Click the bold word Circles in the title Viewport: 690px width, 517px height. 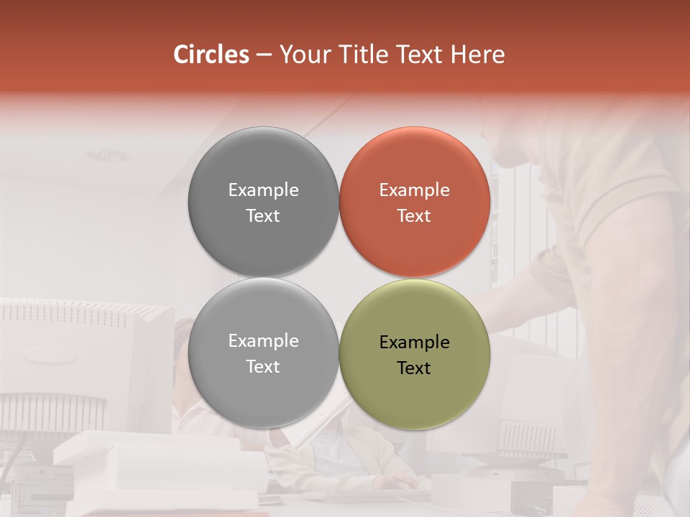click(x=211, y=55)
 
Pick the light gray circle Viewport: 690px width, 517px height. click(x=263, y=388)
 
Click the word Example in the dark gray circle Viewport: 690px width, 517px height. click(x=263, y=190)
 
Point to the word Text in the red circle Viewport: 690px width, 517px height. click(x=414, y=215)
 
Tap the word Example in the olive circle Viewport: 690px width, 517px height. click(x=414, y=342)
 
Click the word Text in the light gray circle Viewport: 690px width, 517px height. click(x=263, y=366)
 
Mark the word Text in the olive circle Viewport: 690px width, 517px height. click(x=414, y=368)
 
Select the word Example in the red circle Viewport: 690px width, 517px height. click(x=414, y=190)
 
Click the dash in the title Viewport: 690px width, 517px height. click(x=264, y=55)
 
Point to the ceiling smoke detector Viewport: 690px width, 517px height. click(x=109, y=155)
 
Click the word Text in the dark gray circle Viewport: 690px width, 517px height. click(x=263, y=215)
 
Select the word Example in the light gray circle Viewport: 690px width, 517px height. click(x=263, y=340)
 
